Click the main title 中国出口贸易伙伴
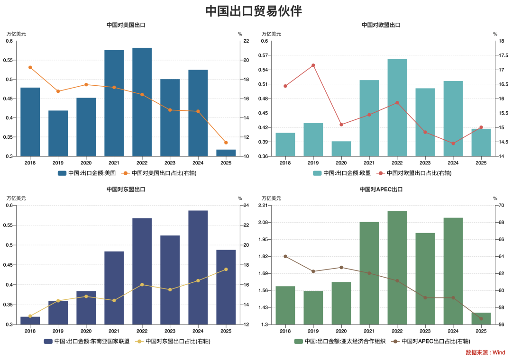coord(254,11)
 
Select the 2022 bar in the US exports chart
coord(142,102)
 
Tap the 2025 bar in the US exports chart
coord(226,153)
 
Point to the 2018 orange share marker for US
coord(30,67)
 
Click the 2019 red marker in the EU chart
coord(313,65)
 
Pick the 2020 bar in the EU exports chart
coord(341,148)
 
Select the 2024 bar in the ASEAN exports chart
coord(198,267)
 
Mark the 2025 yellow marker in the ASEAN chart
coord(226,270)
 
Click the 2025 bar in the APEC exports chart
coord(481,318)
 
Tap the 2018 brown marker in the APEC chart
coord(285,256)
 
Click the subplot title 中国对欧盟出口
coord(381,25)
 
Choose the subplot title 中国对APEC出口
coord(381,189)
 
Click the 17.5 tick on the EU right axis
coord(498,55)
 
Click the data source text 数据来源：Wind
coord(485,352)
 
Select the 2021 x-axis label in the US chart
coord(114,163)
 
